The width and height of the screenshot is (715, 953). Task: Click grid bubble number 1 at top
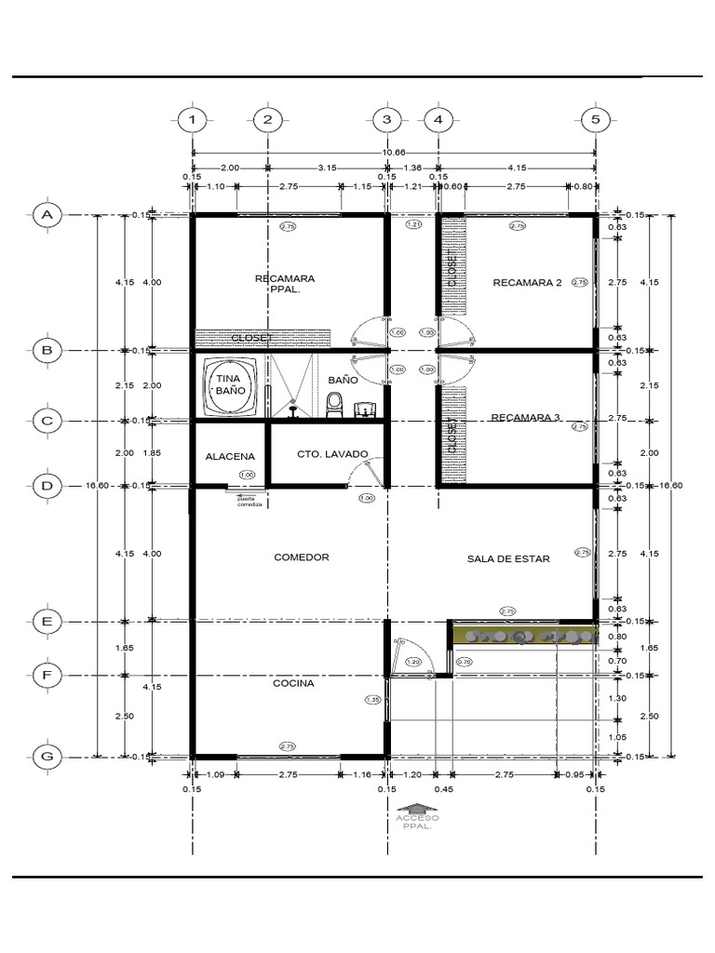(192, 120)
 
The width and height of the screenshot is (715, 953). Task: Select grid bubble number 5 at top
(595, 120)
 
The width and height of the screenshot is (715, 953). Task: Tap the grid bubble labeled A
(46, 215)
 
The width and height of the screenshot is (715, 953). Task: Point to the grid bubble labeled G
(46, 756)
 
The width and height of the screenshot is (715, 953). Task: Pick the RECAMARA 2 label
(527, 283)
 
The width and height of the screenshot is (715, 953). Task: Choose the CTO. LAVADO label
(332, 454)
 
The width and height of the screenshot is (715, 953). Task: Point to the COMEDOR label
(302, 557)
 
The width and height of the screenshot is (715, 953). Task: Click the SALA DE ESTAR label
(508, 559)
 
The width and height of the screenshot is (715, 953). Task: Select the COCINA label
(293, 683)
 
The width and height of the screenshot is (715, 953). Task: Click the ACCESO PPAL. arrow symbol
(416, 810)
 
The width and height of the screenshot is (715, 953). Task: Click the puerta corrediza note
(250, 501)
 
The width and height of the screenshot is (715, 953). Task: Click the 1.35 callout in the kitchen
(372, 699)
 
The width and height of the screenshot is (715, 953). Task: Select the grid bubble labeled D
(46, 486)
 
